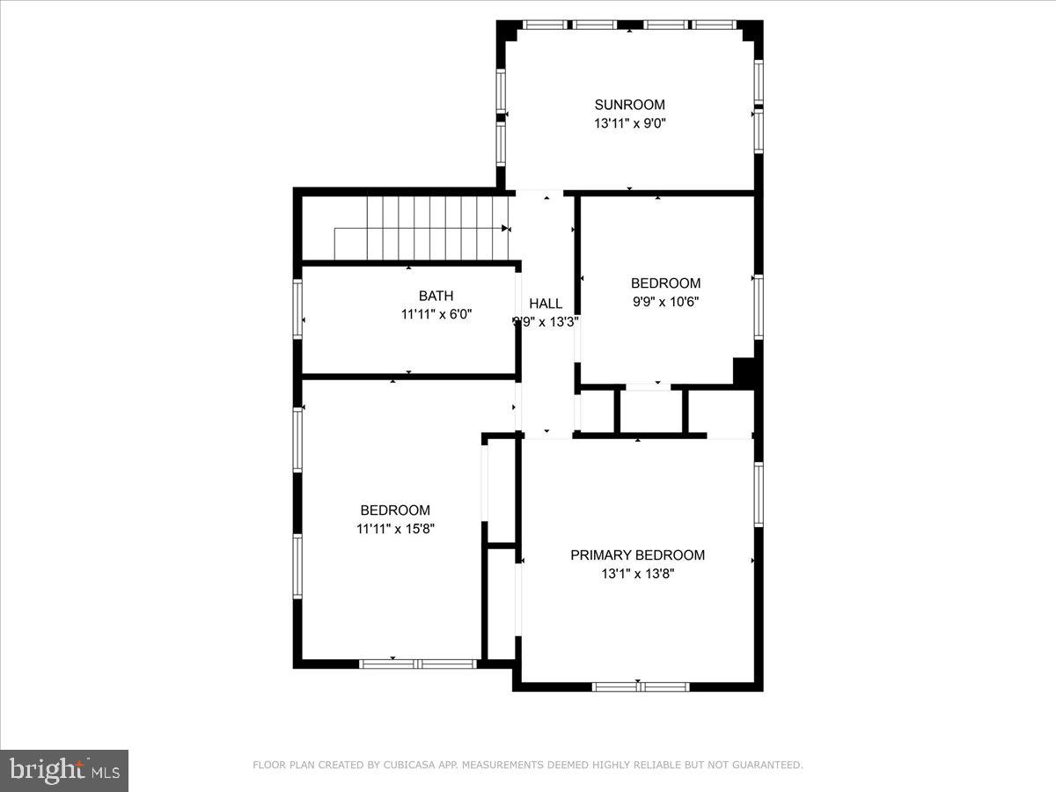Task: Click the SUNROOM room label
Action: pyautogui.click(x=629, y=105)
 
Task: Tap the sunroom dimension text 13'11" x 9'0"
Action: pyautogui.click(x=629, y=124)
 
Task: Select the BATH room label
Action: pyautogui.click(x=436, y=296)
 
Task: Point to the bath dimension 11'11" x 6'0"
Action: pyautogui.click(x=436, y=313)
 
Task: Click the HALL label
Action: pyautogui.click(x=546, y=304)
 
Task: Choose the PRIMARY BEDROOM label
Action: pyautogui.click(x=637, y=555)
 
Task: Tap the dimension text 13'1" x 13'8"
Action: pyautogui.click(x=637, y=574)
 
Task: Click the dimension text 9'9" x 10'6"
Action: pyautogui.click(x=665, y=302)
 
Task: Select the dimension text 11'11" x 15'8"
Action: pyautogui.click(x=395, y=529)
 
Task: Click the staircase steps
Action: pyautogui.click(x=422, y=228)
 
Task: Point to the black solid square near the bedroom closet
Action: pyautogui.click(x=745, y=371)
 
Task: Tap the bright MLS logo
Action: pyautogui.click(x=64, y=770)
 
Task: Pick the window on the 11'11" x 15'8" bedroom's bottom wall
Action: pyautogui.click(x=418, y=663)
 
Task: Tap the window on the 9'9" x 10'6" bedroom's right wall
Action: pyautogui.click(x=758, y=307)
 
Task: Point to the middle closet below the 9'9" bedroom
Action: pyautogui.click(x=651, y=410)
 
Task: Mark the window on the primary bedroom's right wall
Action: pyautogui.click(x=758, y=495)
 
